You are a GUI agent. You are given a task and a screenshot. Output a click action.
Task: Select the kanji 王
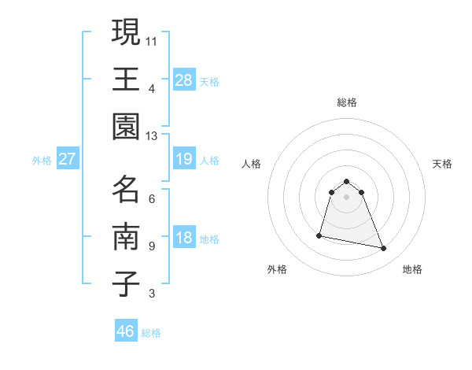(x=126, y=80)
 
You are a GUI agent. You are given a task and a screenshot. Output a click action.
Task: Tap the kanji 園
(x=126, y=126)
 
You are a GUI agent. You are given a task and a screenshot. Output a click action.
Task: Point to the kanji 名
(x=126, y=189)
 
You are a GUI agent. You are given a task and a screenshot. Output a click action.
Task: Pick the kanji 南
(x=126, y=236)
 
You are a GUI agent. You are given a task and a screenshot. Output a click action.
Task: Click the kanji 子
(x=126, y=284)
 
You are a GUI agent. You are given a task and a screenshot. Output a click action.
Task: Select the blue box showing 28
(x=184, y=80)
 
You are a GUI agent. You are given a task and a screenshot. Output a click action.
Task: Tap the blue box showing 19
(x=184, y=159)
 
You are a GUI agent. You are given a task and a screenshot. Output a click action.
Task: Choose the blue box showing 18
(x=184, y=239)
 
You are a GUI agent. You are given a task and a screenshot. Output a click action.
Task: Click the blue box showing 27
(x=68, y=159)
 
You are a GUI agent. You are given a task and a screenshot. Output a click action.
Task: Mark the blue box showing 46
(x=126, y=331)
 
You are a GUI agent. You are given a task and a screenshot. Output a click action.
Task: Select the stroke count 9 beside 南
(x=152, y=246)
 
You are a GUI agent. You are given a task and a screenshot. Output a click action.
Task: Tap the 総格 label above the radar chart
(x=347, y=102)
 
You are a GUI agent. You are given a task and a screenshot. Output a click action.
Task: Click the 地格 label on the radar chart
(x=412, y=269)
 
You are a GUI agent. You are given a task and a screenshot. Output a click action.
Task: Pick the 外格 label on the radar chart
(x=277, y=269)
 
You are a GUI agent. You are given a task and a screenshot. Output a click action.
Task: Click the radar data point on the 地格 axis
(x=384, y=249)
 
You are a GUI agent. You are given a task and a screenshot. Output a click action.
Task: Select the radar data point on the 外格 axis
(x=319, y=235)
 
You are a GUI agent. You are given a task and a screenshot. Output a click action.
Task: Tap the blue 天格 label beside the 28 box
(x=209, y=81)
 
